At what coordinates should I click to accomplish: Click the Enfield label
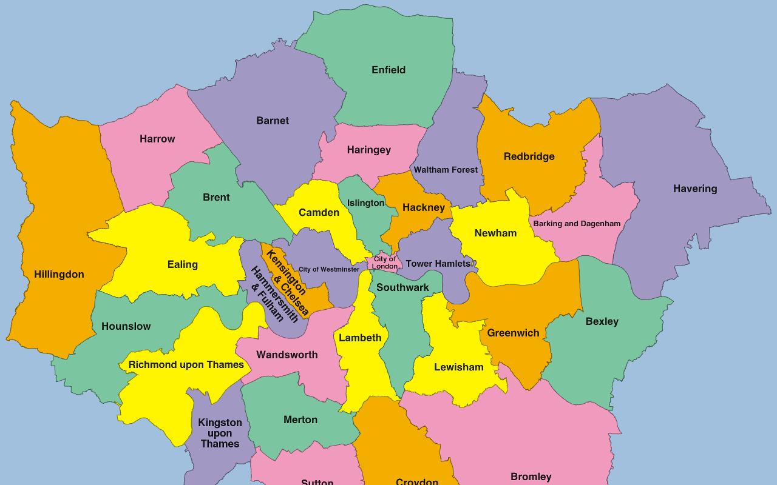pyautogui.click(x=388, y=70)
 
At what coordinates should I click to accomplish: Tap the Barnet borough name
pyautogui.click(x=273, y=121)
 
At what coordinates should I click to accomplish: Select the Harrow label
pyautogui.click(x=157, y=139)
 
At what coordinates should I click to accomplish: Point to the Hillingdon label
pyautogui.click(x=59, y=275)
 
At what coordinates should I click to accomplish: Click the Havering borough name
pyautogui.click(x=695, y=189)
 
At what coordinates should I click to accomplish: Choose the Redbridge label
pyautogui.click(x=529, y=156)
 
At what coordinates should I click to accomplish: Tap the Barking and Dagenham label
pyautogui.click(x=577, y=224)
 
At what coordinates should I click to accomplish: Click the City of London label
pyautogui.click(x=385, y=263)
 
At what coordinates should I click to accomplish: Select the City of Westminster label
pyautogui.click(x=329, y=269)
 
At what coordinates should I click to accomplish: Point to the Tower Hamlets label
pyautogui.click(x=438, y=264)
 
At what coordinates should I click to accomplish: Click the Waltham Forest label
pyautogui.click(x=446, y=170)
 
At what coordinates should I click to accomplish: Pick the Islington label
pyautogui.click(x=365, y=203)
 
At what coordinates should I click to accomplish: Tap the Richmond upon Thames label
pyautogui.click(x=186, y=365)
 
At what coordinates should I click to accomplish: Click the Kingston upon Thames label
pyautogui.click(x=220, y=433)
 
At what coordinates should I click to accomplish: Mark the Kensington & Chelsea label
pyautogui.click(x=287, y=281)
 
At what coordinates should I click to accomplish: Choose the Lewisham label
pyautogui.click(x=459, y=367)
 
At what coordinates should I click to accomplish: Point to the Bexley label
pyautogui.click(x=602, y=322)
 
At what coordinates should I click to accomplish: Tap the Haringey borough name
pyautogui.click(x=369, y=150)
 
